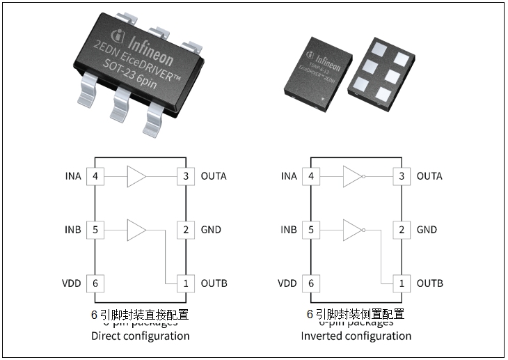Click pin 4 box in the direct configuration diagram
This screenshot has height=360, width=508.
click(95, 176)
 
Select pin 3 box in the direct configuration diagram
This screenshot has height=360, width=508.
click(185, 176)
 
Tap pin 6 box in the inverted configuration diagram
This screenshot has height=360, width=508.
click(310, 283)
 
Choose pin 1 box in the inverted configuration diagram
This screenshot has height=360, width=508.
click(401, 283)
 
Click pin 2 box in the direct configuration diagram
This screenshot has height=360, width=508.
click(185, 230)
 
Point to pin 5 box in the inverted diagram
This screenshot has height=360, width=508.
click(310, 230)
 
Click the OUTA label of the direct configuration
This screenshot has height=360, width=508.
click(214, 176)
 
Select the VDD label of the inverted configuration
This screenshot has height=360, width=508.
click(287, 283)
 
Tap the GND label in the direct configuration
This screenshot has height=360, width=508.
click(211, 230)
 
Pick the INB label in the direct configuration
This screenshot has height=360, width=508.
click(73, 230)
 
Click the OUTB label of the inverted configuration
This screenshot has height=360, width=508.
click(430, 283)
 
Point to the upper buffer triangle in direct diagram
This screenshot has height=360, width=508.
click(136, 176)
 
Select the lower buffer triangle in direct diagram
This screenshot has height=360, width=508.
click(136, 230)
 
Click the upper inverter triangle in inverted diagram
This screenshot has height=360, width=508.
click(352, 176)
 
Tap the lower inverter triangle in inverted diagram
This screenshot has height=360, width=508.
click(352, 230)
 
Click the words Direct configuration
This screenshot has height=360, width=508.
click(141, 336)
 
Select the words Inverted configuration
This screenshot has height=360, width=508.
click(356, 336)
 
